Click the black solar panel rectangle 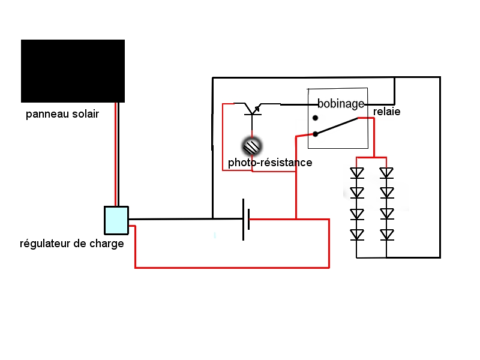pyautogui.click(x=73, y=71)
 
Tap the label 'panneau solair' pyautogui.click(x=62, y=114)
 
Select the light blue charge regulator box pyautogui.click(x=116, y=220)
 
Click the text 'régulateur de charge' pyautogui.click(x=72, y=244)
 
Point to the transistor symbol pyautogui.click(x=252, y=109)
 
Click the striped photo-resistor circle pyautogui.click(x=252, y=145)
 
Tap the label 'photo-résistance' pyautogui.click(x=270, y=163)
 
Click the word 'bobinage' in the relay pyautogui.click(x=341, y=104)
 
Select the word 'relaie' pyautogui.click(x=386, y=112)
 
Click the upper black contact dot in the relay pyautogui.click(x=316, y=118)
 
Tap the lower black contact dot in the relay pyautogui.click(x=316, y=133)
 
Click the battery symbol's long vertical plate pyautogui.click(x=244, y=220)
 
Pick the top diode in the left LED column pyautogui.click(x=357, y=173)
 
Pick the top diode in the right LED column pyautogui.click(x=386, y=173)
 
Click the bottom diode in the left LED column pyautogui.click(x=357, y=234)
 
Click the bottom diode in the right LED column pyautogui.click(x=386, y=234)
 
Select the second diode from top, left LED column pyautogui.click(x=357, y=193)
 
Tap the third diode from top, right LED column pyautogui.click(x=386, y=213)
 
